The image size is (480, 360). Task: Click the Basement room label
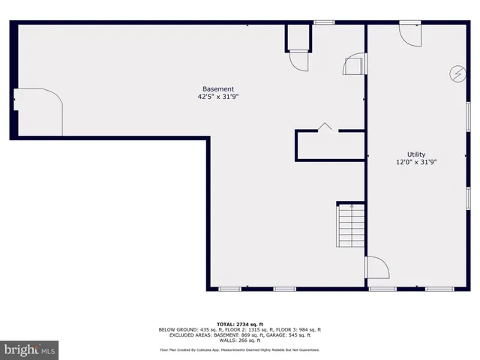point(218,88)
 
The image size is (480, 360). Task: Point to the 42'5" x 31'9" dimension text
point(218,97)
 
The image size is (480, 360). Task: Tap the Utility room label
point(416,154)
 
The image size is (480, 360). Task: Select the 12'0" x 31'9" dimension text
point(416,162)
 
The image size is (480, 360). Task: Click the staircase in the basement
point(350,226)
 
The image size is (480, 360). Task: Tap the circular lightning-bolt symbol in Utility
point(456,73)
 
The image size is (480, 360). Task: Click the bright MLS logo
point(30,349)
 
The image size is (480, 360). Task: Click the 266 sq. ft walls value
point(249,340)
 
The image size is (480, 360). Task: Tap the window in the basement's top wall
point(324,22)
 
